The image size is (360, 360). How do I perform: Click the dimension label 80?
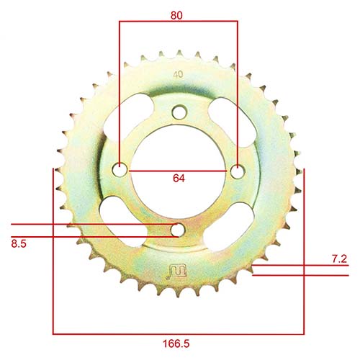pos(177,14)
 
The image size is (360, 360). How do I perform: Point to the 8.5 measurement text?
pos(19,244)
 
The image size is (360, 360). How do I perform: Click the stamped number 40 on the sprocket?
pos(178,74)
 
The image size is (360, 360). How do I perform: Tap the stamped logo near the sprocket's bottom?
pos(176,271)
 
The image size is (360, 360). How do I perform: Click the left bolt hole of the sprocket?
pos(120,171)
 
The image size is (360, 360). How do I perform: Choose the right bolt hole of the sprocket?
pos(237,171)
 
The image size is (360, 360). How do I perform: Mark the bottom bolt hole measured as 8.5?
pos(177,230)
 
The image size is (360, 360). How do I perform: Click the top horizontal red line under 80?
pos(177,22)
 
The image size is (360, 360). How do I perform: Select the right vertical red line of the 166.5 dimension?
pos(304,252)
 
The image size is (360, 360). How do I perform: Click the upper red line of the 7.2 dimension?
pos(302,265)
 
